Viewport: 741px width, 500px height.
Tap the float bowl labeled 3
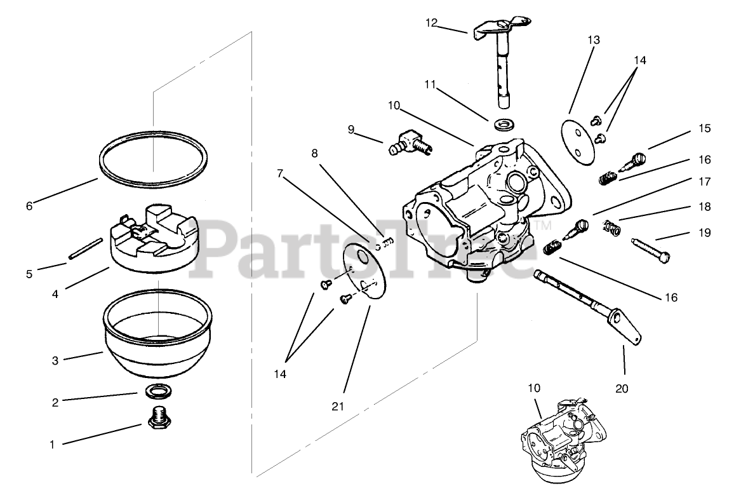coord(157,340)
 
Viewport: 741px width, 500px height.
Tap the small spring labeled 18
coord(611,226)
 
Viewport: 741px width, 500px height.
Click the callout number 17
coord(705,182)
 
